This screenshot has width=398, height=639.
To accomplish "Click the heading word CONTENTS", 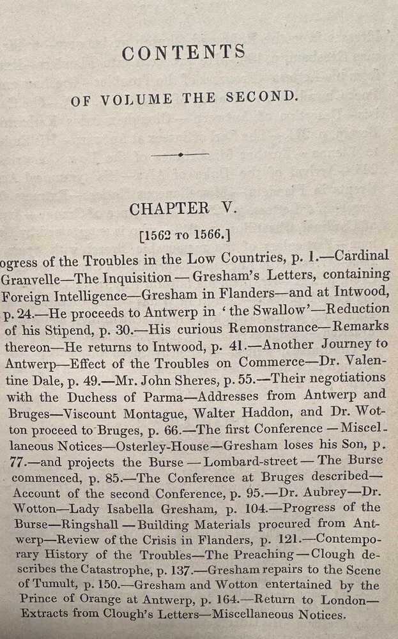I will click(183, 53).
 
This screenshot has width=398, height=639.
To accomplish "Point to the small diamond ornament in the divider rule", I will click(181, 154).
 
